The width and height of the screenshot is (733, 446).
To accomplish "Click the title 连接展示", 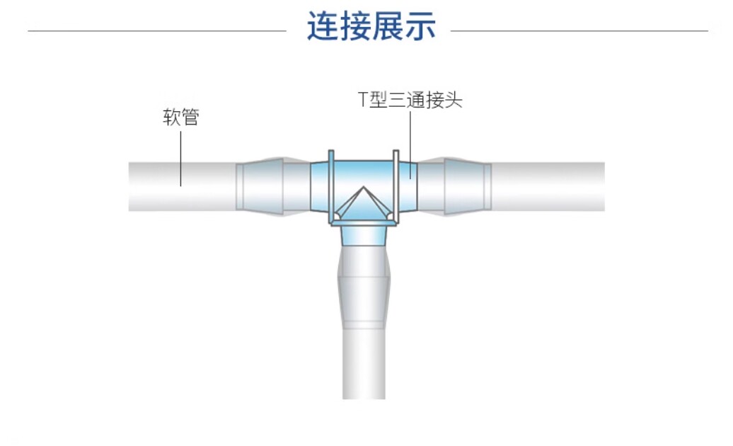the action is pyautogui.click(x=371, y=25).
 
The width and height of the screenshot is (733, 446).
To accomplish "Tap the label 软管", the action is pyautogui.click(x=181, y=117).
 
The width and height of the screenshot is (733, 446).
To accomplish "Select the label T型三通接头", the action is pyautogui.click(x=410, y=100).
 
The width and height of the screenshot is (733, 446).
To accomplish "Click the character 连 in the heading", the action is pyautogui.click(x=323, y=25).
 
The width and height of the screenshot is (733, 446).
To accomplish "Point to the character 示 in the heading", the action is pyautogui.click(x=421, y=25).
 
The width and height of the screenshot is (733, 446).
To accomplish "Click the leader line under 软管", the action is pyautogui.click(x=181, y=159).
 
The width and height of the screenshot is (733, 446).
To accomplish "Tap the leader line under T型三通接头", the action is pyautogui.click(x=410, y=145).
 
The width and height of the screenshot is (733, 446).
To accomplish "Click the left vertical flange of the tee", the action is pyautogui.click(x=331, y=186).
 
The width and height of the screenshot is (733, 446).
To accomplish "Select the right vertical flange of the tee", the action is pyautogui.click(x=396, y=186).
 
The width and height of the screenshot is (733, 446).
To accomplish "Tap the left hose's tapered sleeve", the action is pyautogui.click(x=260, y=186).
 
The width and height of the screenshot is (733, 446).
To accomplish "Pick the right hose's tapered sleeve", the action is pyautogui.click(x=468, y=186).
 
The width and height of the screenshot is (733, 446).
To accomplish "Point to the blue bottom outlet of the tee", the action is pyautogui.click(x=364, y=236).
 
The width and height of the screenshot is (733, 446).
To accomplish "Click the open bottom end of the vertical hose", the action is pyautogui.click(x=364, y=398).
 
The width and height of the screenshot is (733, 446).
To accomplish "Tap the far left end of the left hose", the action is pyautogui.click(x=129, y=186).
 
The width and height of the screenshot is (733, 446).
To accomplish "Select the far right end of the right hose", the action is pyautogui.click(x=604, y=186).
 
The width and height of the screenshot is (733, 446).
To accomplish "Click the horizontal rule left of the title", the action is pyautogui.click(x=157, y=31).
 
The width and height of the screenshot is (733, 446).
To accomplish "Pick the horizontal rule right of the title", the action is pyautogui.click(x=579, y=31).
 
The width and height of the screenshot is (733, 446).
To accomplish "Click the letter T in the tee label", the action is pyautogui.click(x=363, y=100).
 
